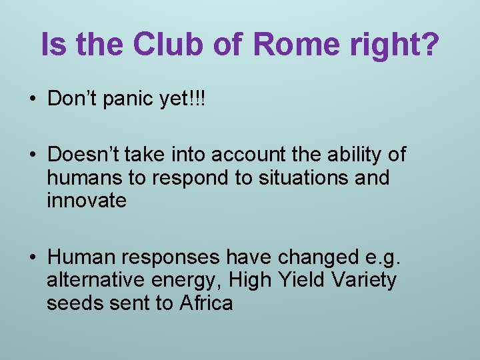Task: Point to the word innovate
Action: coord(87,201)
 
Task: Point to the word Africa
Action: coord(206,303)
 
